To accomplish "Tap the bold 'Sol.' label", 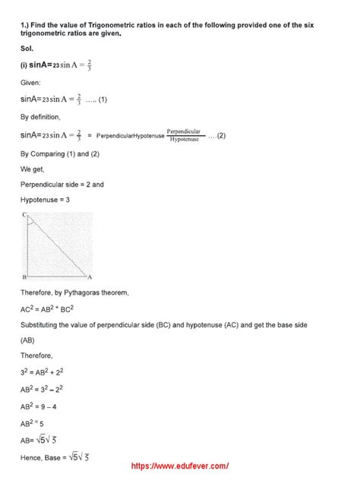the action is click(27, 48).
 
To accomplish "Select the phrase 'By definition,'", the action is click(43, 117).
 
